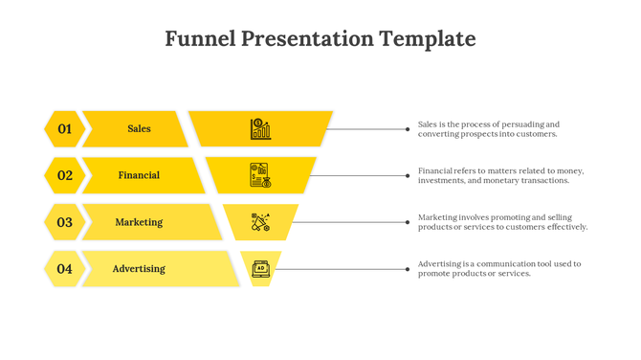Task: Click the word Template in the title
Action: (x=427, y=39)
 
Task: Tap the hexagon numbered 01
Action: (x=64, y=128)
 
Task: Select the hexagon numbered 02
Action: (x=64, y=175)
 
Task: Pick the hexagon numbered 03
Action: (x=64, y=222)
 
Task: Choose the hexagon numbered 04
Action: (x=64, y=269)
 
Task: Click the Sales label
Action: (x=139, y=128)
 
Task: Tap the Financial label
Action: (x=139, y=175)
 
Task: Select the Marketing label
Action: (x=139, y=222)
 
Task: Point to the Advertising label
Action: (x=139, y=269)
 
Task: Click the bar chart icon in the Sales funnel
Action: (x=260, y=128)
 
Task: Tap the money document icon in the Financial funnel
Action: (x=260, y=175)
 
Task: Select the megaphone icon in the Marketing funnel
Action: (x=260, y=222)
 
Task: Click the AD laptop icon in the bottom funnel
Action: (x=260, y=269)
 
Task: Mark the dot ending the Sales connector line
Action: (x=408, y=128)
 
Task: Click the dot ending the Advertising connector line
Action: (x=408, y=269)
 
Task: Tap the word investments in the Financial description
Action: (x=441, y=180)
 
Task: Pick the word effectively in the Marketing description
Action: (x=565, y=227)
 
